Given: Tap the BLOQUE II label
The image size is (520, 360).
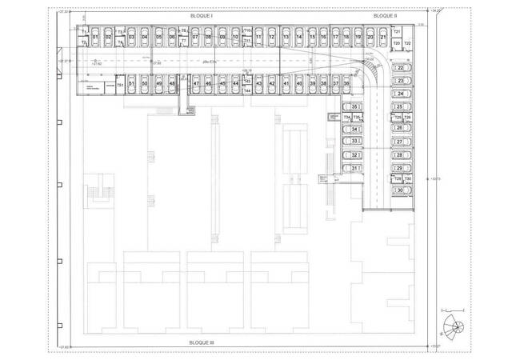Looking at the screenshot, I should (386, 15).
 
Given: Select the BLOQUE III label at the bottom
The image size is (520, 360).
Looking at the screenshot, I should (202, 342).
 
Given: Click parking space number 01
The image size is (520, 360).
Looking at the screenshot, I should (95, 38).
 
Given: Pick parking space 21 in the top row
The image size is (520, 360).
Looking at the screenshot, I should (384, 38).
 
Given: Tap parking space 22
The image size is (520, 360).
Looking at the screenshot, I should (399, 69).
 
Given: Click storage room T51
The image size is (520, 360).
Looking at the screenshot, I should (120, 85).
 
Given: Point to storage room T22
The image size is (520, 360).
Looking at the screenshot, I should (407, 43).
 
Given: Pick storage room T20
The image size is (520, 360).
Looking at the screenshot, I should (396, 42).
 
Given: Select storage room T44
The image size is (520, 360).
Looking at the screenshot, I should (247, 91).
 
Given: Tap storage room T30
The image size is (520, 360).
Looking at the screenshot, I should (407, 178).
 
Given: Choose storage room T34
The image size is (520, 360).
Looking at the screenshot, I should (346, 118).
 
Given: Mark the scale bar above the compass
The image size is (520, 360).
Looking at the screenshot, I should (452, 309).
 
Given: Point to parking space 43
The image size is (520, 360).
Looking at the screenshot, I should (260, 83).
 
